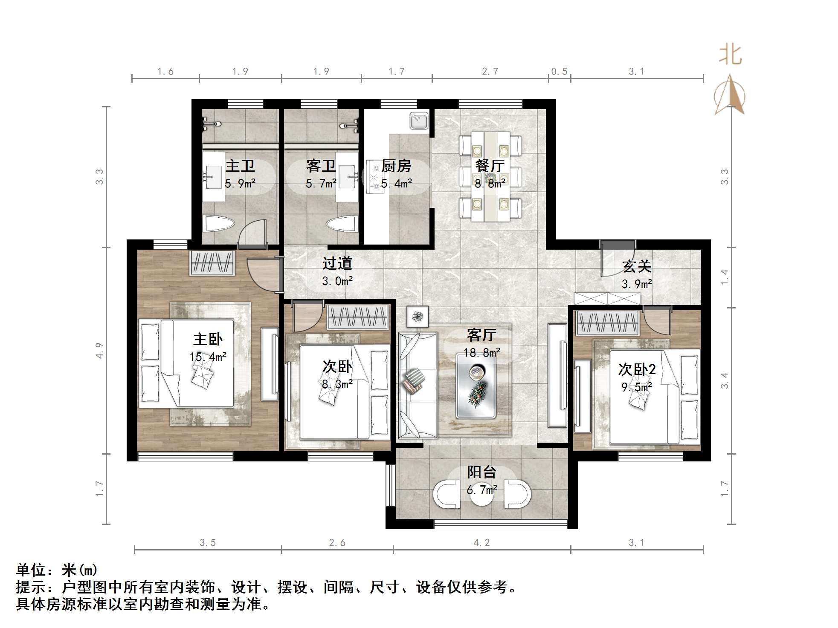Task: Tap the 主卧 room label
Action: click(x=208, y=339)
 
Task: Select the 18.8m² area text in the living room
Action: click(x=482, y=353)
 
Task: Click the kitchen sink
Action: click(x=419, y=121)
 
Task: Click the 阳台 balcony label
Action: click(x=482, y=472)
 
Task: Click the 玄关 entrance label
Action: click(x=637, y=266)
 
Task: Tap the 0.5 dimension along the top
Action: click(x=559, y=72)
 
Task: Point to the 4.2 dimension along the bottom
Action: click(x=481, y=542)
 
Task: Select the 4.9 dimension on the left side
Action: click(x=99, y=350)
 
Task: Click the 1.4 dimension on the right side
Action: click(x=725, y=277)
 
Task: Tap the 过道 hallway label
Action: click(x=337, y=263)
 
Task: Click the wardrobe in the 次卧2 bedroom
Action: click(x=607, y=323)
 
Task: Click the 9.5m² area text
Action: click(x=637, y=387)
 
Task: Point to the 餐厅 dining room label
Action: click(x=490, y=165)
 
